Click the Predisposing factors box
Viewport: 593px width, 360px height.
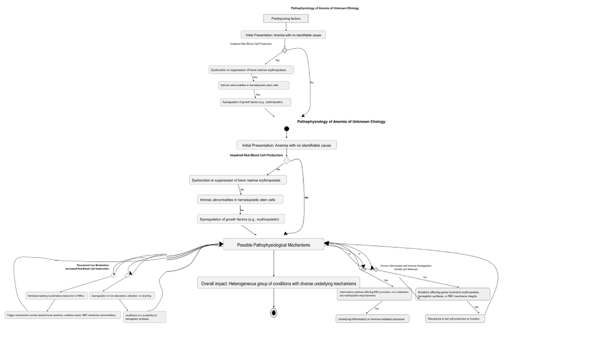point(286,18)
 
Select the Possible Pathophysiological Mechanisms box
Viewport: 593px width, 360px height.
point(273,244)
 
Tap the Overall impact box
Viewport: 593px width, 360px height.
point(278,283)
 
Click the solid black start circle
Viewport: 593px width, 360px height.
point(287,129)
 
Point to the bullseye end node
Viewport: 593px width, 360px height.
point(273,313)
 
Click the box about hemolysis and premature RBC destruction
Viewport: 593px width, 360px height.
point(56,295)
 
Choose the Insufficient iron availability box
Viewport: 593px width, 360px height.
point(145,317)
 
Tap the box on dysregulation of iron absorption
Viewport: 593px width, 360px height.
point(122,295)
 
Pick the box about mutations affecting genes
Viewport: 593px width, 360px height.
point(452,294)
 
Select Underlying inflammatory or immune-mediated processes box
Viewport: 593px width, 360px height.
point(373,319)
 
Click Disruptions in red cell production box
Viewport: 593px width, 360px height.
point(455,319)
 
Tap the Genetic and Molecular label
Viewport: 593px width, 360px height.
point(406,269)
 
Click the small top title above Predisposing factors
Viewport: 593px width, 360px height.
point(325,8)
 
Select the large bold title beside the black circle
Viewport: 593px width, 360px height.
point(341,121)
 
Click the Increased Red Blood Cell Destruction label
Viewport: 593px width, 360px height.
point(87,269)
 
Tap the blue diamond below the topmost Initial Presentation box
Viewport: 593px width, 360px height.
point(284,50)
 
